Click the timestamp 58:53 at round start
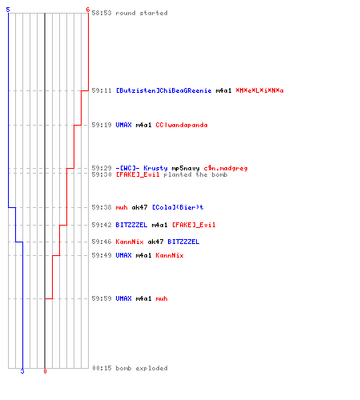[x=102, y=13]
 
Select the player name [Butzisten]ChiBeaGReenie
[x=163, y=90]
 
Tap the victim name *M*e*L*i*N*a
[x=259, y=90]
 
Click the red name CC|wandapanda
[x=182, y=125]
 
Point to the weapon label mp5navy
[x=186, y=168]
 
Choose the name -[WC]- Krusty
[x=142, y=168]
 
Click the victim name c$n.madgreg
[x=226, y=168]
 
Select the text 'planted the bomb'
[x=195, y=174]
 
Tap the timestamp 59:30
[x=102, y=174]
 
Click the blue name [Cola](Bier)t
[x=178, y=207]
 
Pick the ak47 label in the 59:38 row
[x=139, y=207]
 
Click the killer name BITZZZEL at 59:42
[x=131, y=225]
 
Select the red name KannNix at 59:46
[x=130, y=242]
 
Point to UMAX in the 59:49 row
[x=123, y=255]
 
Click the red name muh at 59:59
[x=162, y=298]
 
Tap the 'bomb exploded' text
[x=142, y=368]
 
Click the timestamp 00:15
[x=102, y=368]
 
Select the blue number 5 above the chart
[x=8, y=10]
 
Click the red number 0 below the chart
[x=45, y=371]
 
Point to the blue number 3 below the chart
[x=22, y=371]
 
